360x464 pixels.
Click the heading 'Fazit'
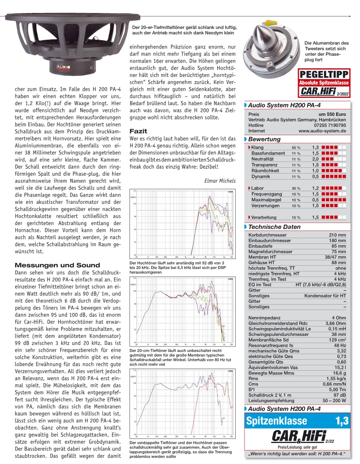[x=138, y=131]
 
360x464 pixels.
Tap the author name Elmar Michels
[x=220, y=181]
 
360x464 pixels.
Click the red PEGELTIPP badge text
[x=324, y=74]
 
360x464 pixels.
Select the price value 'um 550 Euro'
[x=332, y=114]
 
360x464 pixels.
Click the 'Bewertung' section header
[x=265, y=139]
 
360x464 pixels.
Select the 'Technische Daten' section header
[x=274, y=227]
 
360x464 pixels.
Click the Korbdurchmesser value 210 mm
[x=338, y=235]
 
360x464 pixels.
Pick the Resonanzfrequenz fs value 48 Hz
[x=340, y=346]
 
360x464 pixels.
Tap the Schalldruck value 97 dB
[x=339, y=395]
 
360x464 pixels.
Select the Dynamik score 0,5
[x=315, y=177]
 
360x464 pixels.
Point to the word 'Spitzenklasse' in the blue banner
[x=277, y=421]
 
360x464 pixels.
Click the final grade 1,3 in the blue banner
[x=342, y=421]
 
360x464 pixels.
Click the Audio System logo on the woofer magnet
[x=63, y=67]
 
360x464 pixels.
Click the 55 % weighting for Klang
[x=296, y=148]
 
